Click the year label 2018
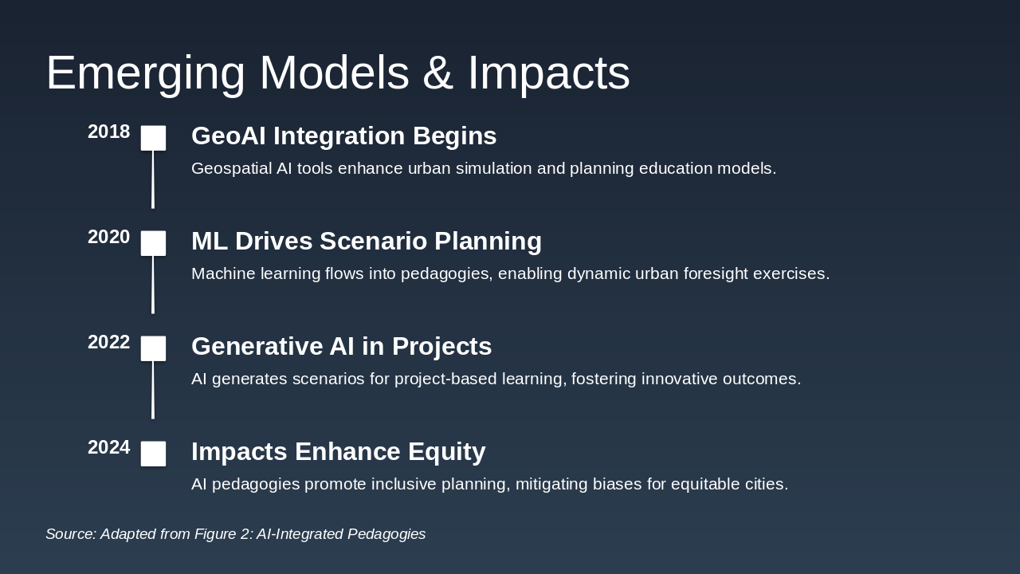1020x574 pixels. point(109,132)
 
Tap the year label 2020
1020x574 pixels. point(109,237)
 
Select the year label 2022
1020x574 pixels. point(109,342)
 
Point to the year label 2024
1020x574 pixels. point(109,447)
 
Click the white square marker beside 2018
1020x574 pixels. point(153,138)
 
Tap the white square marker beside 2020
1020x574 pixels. point(153,243)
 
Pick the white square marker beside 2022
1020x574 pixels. point(153,348)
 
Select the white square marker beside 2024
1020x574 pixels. point(153,454)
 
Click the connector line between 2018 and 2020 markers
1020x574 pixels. point(153,179)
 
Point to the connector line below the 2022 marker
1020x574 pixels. point(153,390)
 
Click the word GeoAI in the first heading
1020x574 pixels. point(229,136)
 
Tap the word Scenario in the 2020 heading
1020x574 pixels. point(373,241)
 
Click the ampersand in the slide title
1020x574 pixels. point(437,73)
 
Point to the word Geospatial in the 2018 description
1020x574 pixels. point(231,169)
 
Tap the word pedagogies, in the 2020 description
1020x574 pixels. point(447,274)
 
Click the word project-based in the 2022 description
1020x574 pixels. point(445,379)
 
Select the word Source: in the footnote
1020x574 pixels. point(71,534)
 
